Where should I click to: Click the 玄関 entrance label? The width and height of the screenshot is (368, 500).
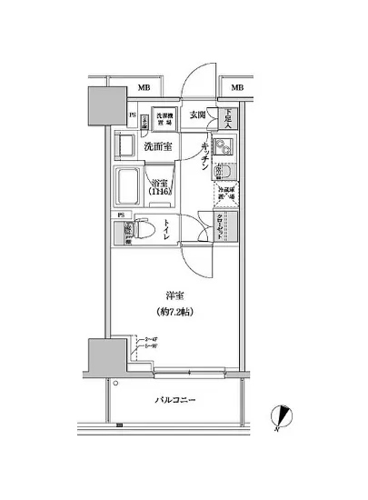tap(198, 115)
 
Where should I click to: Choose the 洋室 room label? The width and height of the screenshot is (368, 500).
tap(176, 296)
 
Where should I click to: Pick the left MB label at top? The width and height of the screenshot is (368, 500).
tap(144, 87)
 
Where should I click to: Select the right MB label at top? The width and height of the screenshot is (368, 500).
tap(237, 87)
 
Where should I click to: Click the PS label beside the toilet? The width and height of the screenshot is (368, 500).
tap(121, 215)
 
